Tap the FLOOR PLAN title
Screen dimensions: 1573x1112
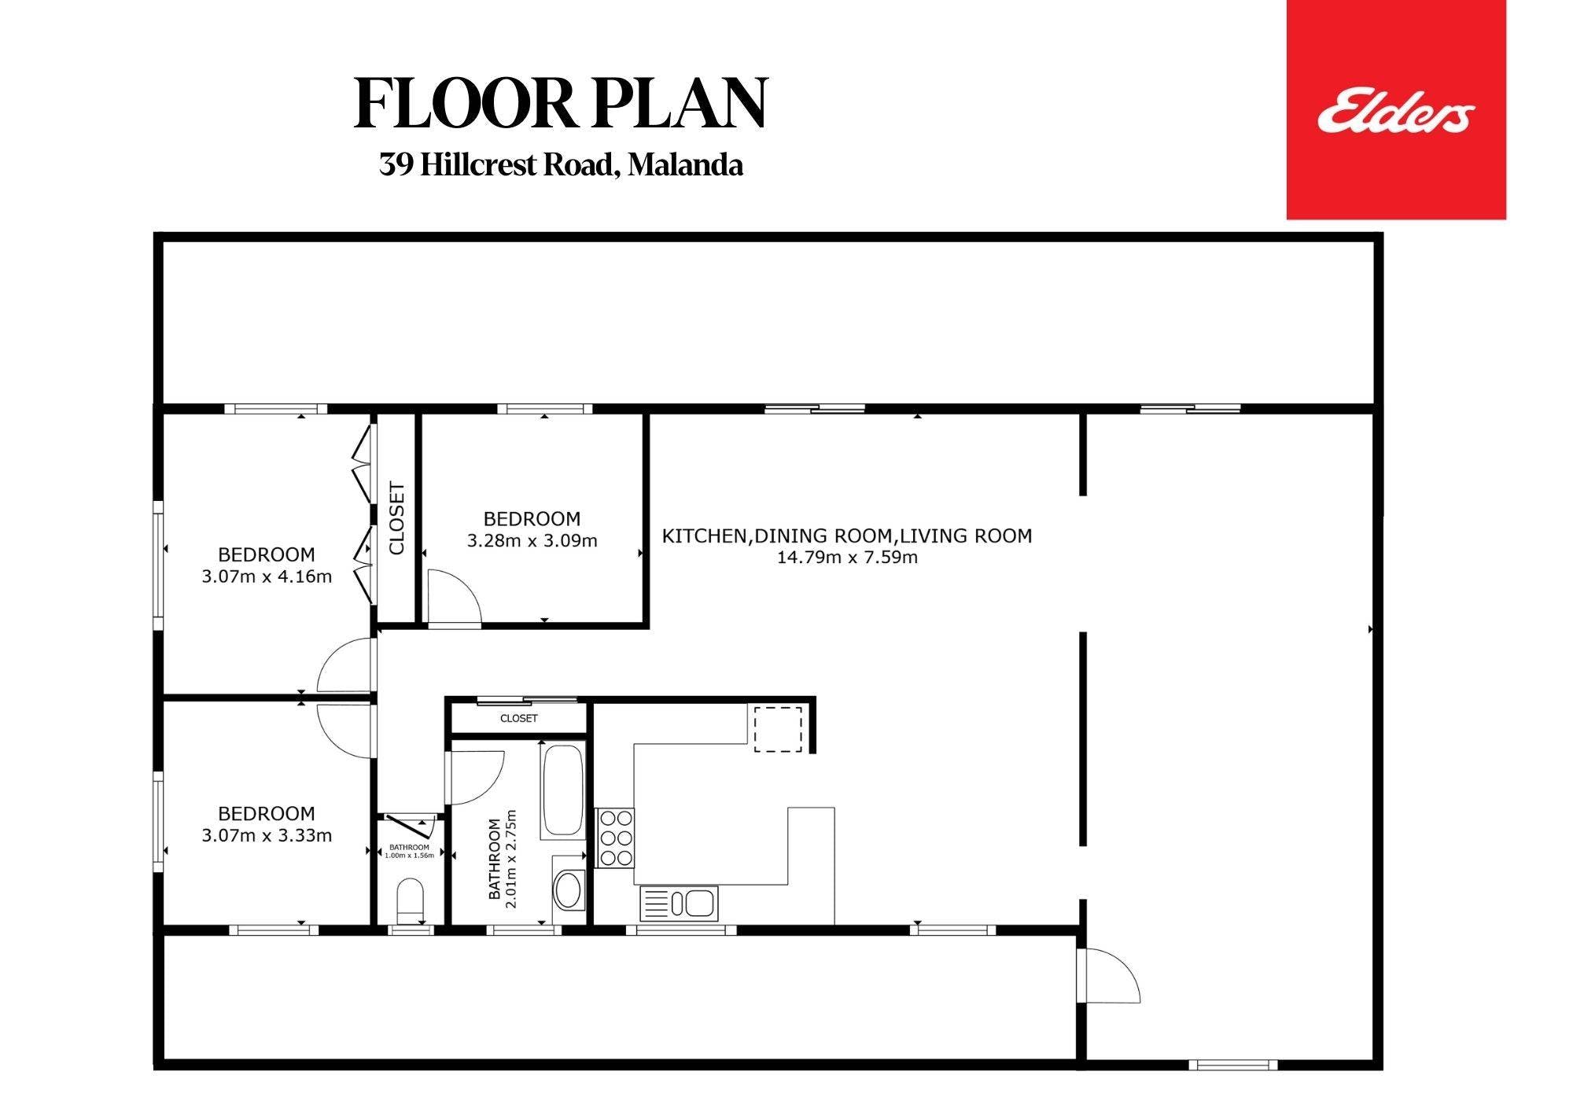561,104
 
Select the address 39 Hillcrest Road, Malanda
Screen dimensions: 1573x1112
561,165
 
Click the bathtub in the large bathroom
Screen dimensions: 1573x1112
562,790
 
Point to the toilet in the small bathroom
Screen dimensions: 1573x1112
410,900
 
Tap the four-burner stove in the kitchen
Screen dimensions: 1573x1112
615,838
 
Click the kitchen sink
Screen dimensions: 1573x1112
679,903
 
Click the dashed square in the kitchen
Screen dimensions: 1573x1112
779,729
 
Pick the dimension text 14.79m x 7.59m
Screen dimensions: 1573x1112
847,558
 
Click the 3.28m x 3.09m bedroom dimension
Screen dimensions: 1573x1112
532,541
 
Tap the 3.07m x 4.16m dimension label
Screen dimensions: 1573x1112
267,576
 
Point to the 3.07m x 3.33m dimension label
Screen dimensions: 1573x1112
267,835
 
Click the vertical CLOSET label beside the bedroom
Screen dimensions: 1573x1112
396,518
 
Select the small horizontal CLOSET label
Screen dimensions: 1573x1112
519,718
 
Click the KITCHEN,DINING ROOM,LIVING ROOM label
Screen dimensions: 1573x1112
847,536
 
